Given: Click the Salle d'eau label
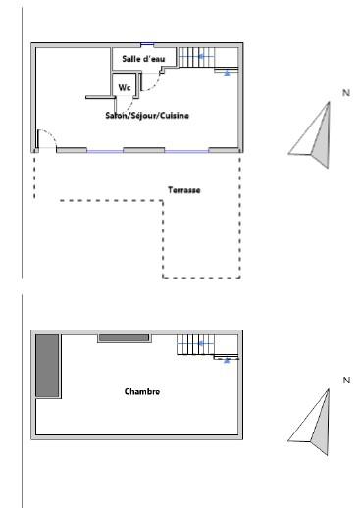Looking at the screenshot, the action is tap(143, 59).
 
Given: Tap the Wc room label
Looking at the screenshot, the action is tap(125, 87).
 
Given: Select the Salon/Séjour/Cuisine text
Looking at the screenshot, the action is tap(147, 115).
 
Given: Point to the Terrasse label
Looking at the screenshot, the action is tap(184, 190).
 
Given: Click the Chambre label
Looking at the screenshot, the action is tap(142, 391).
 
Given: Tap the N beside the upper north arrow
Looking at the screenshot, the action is tap(346, 93).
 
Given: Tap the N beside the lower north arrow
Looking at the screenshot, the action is tap(346, 381).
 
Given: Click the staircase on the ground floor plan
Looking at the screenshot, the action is tap(208, 59).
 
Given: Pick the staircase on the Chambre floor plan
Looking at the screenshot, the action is tap(207, 346).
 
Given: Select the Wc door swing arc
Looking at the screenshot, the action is tap(129, 105).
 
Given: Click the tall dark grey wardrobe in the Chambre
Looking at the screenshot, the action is tap(47, 366).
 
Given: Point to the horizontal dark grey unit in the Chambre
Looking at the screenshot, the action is tap(125, 337).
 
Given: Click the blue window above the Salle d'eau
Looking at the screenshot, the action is tap(147, 44).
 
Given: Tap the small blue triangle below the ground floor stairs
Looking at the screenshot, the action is tap(227, 74).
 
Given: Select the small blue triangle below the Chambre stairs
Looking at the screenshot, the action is tap(227, 361).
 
